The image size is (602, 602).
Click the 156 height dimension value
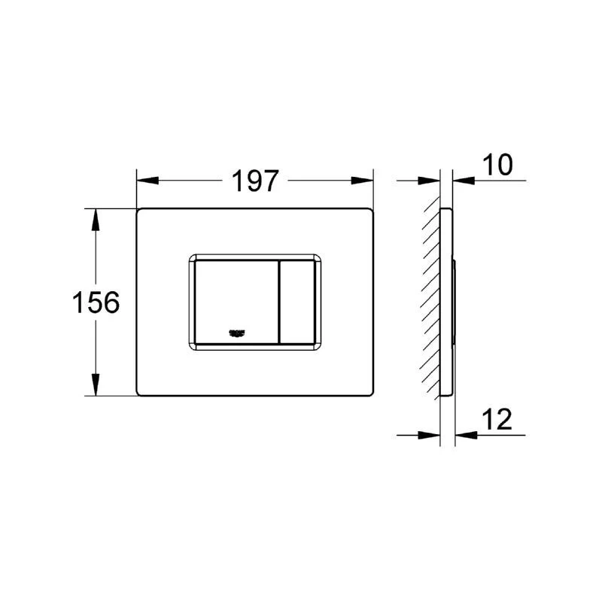pyautogui.click(x=96, y=303)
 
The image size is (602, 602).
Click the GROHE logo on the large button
pyautogui.click(x=238, y=333)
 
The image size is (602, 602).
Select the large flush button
pyautogui.click(x=236, y=297)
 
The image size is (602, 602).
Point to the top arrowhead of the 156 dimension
pyautogui.click(x=96, y=217)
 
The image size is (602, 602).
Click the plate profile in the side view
pyautogui.click(x=447, y=301)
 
